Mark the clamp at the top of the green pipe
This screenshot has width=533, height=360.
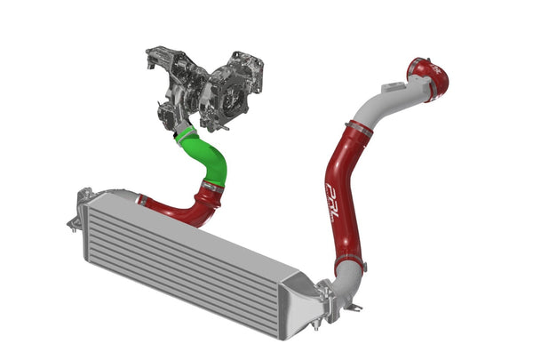[x=184, y=133]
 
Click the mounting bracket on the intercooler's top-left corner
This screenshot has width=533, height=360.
[x=85, y=194]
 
